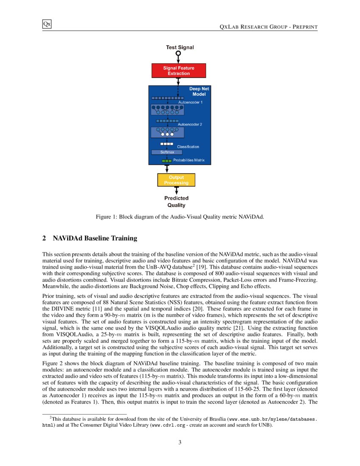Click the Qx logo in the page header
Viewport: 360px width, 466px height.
pyautogui.click(x=47, y=24)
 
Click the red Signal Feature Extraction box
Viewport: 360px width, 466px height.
pyautogui.click(x=179, y=71)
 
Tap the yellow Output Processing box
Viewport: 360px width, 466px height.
pyautogui.click(x=176, y=180)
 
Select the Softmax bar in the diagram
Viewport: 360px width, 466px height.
pyautogui.click(x=167, y=152)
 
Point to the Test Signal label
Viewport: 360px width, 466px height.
pyautogui.click(x=180, y=47)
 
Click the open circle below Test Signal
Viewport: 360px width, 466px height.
pyautogui.click(x=178, y=54)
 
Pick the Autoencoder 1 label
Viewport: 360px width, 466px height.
pyautogui.click(x=190, y=103)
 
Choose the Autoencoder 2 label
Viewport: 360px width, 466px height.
pyautogui.click(x=190, y=125)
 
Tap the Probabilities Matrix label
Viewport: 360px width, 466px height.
pyautogui.click(x=189, y=161)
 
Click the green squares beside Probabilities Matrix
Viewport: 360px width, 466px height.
pyautogui.click(x=167, y=161)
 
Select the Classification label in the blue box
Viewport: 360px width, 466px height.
pyautogui.click(x=188, y=147)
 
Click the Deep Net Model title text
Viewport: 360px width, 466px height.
pyautogui.click(x=199, y=92)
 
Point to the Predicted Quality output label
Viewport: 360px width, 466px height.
pyautogui.click(x=176, y=202)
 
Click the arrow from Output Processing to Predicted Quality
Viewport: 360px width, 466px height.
pyautogui.click(x=177, y=191)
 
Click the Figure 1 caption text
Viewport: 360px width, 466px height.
pyautogui.click(x=180, y=217)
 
